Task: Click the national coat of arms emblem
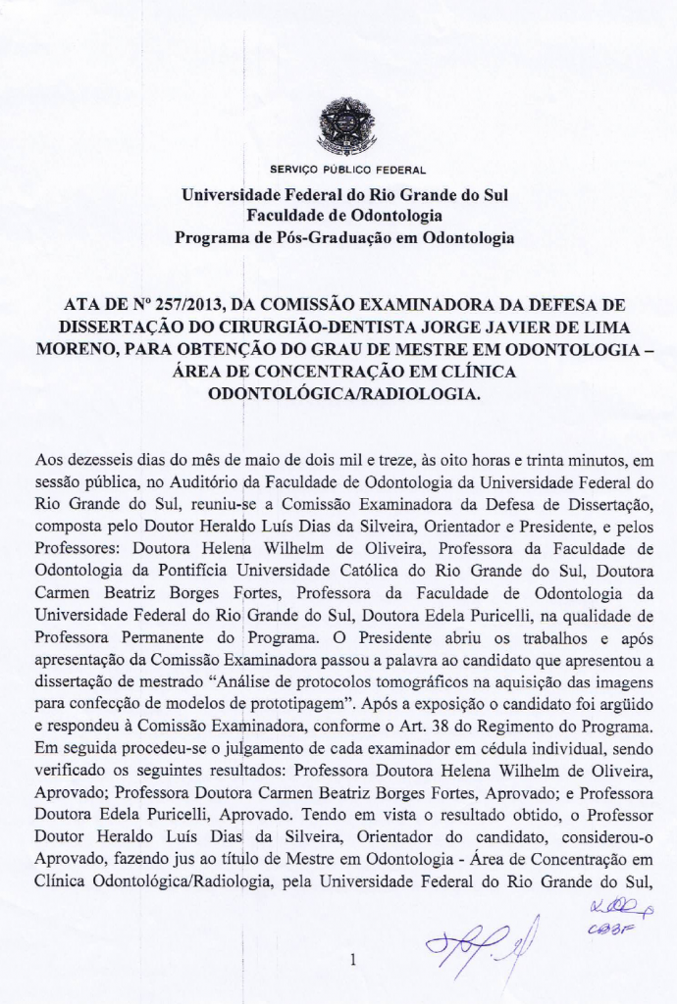(x=345, y=128)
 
